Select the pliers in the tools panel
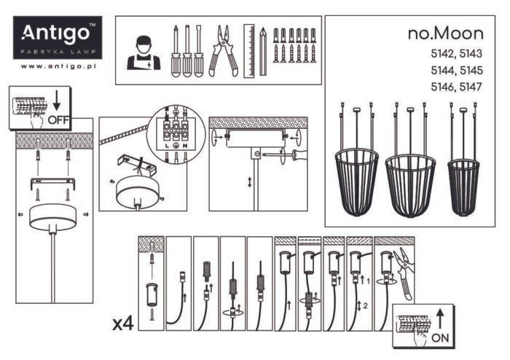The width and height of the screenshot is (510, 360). (222, 51)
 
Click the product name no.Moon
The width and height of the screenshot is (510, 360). (444, 34)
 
